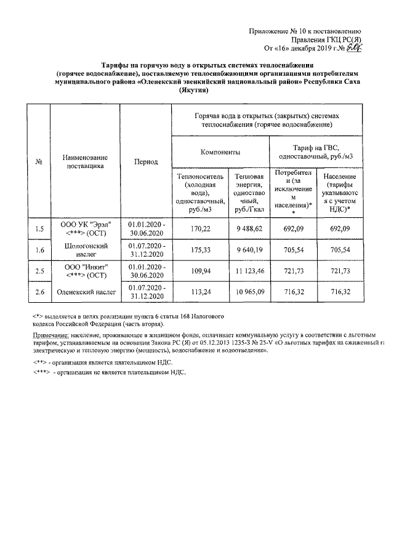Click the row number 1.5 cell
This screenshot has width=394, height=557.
[39, 230]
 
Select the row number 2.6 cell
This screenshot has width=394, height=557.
[39, 292]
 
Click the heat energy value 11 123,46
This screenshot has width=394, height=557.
[249, 271]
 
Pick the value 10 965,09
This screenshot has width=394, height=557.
[249, 292]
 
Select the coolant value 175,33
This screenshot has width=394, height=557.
[201, 250]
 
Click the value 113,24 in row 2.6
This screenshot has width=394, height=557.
[201, 292]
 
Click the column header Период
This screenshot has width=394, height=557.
[146, 162]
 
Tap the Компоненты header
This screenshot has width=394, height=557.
[220, 151]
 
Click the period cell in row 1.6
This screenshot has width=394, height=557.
[146, 250]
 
